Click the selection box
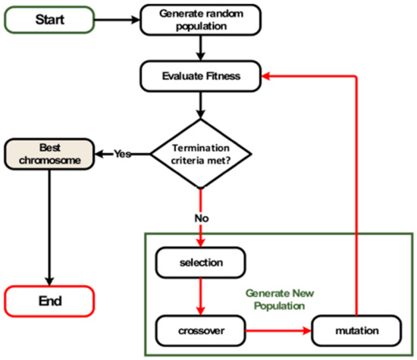point(200,263)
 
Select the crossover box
point(200,330)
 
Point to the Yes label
point(123,153)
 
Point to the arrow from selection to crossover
point(200,296)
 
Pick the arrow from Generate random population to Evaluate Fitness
point(200,48)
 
